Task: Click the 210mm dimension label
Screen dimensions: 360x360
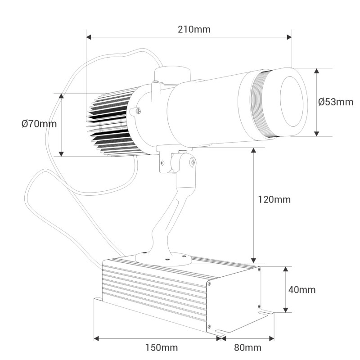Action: [194, 30]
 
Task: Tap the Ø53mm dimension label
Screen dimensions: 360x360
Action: [335, 102]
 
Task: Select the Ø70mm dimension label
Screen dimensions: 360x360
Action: [39, 124]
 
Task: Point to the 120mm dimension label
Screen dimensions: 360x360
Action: [274, 199]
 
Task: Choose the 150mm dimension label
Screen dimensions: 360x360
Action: [162, 347]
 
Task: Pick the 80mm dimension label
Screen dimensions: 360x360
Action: [247, 347]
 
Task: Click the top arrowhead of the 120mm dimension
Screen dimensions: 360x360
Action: [254, 151]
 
